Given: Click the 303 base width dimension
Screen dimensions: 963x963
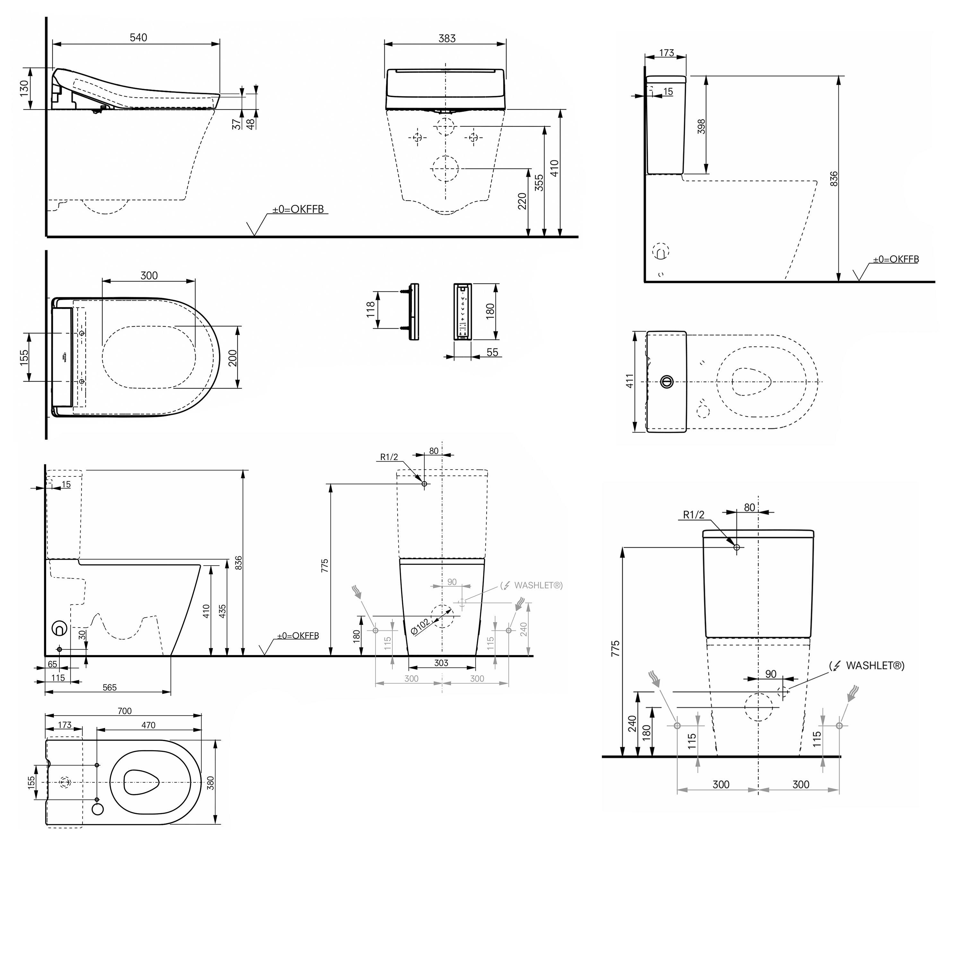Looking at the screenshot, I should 441,663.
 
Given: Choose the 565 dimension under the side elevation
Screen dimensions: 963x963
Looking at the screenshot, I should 110,687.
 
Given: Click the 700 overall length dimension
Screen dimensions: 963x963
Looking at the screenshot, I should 125,711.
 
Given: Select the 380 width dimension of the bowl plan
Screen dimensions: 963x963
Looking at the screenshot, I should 210,783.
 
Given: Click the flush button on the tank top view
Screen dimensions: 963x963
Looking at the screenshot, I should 666,382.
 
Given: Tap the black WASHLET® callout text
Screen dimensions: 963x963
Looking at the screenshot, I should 875,665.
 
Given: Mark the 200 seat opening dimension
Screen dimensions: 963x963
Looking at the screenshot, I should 233,358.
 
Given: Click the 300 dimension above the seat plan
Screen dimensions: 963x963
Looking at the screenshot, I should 149,276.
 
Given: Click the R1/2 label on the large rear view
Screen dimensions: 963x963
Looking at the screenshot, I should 693,515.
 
